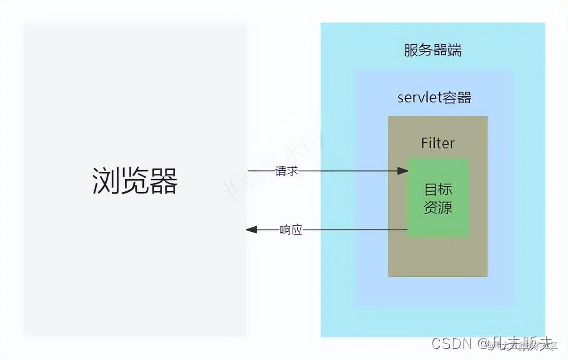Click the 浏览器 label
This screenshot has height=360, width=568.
point(135,181)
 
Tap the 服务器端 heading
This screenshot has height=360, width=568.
point(433,50)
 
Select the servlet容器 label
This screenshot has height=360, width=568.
point(434,98)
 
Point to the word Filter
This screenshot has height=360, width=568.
point(438,143)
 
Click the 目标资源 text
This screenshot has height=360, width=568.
point(438,198)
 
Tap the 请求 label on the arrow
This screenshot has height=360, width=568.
point(287,171)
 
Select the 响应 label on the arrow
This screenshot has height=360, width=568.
point(291,230)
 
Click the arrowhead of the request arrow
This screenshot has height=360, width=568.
point(403,171)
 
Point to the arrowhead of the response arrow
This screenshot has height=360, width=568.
point(251,230)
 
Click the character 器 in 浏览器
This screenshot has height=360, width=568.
point(164,181)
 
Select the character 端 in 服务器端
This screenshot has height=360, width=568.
point(454,50)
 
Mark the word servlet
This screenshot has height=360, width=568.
point(420,98)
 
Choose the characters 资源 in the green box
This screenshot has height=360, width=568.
point(438,207)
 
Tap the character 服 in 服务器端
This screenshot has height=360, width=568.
point(411,50)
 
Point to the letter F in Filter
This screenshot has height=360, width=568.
point(425,143)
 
